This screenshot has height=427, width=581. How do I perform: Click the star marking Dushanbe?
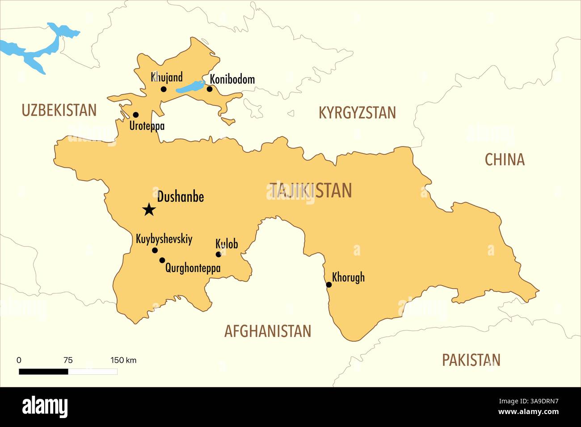point(149,209)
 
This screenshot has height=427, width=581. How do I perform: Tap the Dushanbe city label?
point(181,197)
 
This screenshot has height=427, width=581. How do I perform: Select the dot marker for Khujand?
point(164,89)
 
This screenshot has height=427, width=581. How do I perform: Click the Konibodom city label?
point(232,80)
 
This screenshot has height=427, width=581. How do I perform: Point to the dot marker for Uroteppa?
point(136,115)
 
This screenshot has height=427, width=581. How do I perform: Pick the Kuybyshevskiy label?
point(164,239)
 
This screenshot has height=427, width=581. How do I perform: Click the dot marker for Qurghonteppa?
point(162,260)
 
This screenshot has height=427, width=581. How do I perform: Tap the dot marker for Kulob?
point(219,255)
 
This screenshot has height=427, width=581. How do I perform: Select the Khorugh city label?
point(348,277)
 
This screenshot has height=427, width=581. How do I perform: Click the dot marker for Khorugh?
point(329,285)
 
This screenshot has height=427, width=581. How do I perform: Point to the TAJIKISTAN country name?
point(311,191)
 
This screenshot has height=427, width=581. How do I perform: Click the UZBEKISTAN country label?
point(59,110)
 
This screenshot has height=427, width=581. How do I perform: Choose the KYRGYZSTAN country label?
point(357,113)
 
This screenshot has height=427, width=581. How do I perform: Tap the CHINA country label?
point(505,159)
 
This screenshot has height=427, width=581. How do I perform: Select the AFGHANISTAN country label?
point(267,331)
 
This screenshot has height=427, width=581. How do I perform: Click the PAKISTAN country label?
point(471,360)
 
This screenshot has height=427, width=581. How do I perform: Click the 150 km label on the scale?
point(123,360)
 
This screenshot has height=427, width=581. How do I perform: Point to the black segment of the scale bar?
point(43,371)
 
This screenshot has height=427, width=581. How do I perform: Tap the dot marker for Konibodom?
point(210,89)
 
